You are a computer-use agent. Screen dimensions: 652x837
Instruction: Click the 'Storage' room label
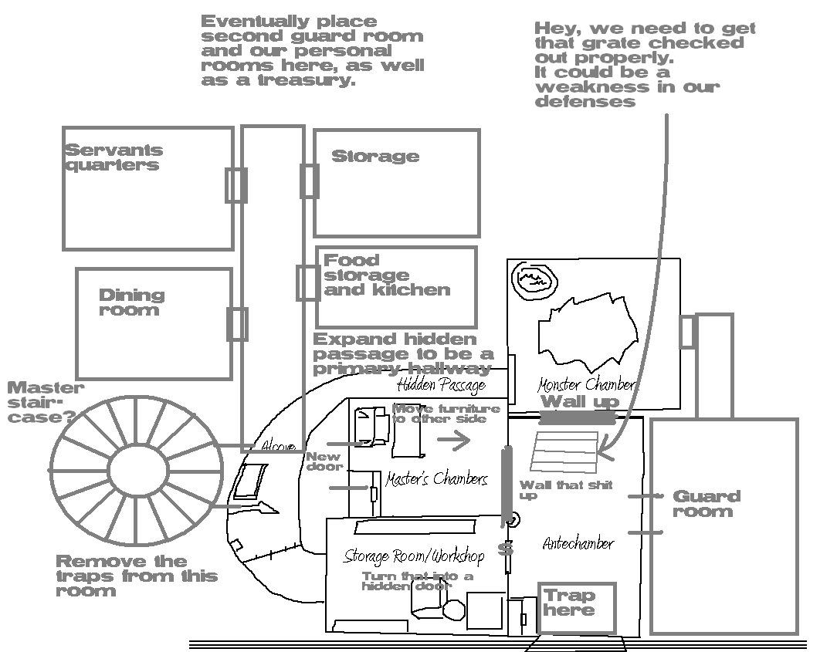(x=375, y=157)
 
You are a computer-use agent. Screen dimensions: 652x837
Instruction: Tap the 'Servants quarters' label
(x=114, y=157)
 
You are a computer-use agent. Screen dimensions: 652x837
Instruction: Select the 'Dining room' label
(x=131, y=302)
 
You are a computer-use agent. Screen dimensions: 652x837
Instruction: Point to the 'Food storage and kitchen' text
(x=386, y=275)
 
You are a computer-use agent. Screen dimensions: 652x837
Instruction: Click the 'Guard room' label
(x=706, y=503)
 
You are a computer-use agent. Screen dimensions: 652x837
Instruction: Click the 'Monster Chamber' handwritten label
(x=587, y=384)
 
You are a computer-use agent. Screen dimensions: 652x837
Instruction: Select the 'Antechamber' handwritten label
(x=578, y=543)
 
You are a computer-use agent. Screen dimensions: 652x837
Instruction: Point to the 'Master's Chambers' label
(x=436, y=479)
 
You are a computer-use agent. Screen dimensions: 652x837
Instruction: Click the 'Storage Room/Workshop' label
(x=414, y=556)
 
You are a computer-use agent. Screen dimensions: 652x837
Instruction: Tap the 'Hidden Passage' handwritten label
(x=441, y=384)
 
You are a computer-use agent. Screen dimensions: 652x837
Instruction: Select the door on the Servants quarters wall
(x=236, y=185)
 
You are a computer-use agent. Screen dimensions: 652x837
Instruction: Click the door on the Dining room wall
(x=236, y=324)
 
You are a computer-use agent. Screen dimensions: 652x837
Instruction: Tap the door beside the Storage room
(x=309, y=181)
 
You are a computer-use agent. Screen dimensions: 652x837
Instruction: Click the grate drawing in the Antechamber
(x=565, y=451)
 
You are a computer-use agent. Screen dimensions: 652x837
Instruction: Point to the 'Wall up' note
(x=580, y=401)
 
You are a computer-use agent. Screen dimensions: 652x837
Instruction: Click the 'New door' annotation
(x=324, y=461)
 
